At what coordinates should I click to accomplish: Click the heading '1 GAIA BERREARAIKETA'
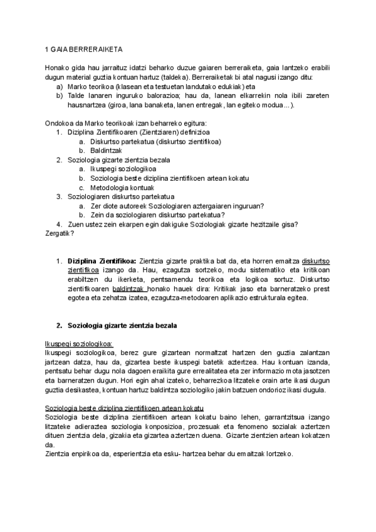coord(84,49)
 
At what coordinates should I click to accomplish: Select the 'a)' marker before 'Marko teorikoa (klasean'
coord(60,86)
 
